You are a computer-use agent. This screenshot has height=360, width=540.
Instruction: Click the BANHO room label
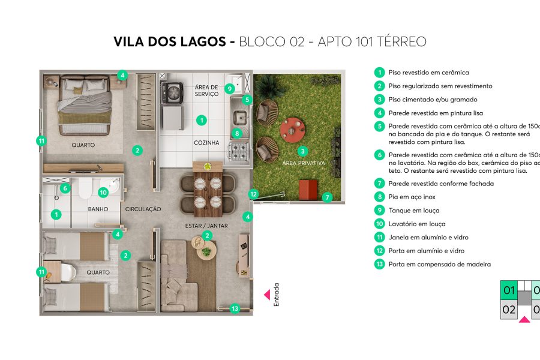tap(98, 209)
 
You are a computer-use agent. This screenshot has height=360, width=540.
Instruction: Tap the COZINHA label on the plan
tap(206, 143)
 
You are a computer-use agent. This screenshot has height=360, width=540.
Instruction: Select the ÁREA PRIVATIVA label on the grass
tap(304, 163)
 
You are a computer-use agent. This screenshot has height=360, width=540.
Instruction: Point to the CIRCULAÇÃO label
tap(143, 209)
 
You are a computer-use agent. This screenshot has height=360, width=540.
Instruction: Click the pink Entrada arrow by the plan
tap(267, 295)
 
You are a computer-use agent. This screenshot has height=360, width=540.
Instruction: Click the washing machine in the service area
tap(172, 93)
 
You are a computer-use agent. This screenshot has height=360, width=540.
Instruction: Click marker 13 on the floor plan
tap(235, 308)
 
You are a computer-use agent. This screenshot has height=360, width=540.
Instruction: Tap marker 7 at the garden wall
tap(327, 197)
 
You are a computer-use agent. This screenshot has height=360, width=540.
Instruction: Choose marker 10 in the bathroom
tap(103, 193)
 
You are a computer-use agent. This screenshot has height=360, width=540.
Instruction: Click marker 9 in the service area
tap(229, 89)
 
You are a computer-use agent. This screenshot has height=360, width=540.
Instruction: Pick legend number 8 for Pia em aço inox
tap(379, 197)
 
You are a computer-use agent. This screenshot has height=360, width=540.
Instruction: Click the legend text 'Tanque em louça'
tap(414, 211)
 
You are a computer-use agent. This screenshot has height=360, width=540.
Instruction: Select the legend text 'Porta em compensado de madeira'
tap(440, 265)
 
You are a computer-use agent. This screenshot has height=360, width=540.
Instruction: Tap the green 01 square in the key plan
tap(509, 291)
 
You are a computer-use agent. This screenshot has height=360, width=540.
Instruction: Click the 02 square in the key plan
tap(509, 310)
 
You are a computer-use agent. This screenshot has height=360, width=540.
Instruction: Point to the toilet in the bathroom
tap(85, 188)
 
